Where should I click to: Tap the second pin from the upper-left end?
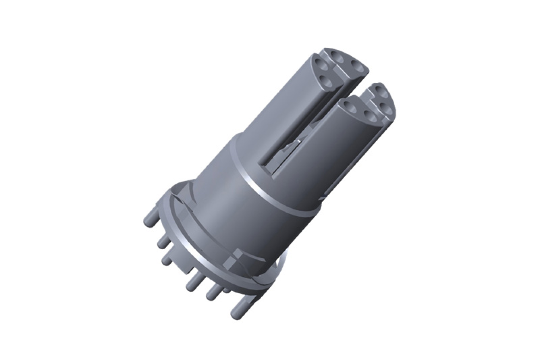[x=162, y=240]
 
